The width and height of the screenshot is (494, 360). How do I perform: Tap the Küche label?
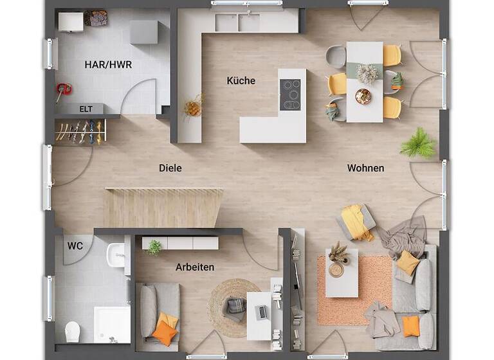241,81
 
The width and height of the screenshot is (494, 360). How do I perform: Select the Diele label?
170,168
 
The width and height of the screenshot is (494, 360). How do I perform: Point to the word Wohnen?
365,168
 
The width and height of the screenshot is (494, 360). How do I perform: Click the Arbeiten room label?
195,267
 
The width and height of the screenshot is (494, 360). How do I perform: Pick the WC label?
75,246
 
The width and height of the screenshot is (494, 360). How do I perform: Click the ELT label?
86,109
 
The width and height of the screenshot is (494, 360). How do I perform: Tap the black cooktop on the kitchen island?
291,95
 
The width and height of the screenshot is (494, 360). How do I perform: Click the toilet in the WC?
72,331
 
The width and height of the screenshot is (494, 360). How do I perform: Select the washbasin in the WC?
118,255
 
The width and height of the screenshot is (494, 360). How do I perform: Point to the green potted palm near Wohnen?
418,143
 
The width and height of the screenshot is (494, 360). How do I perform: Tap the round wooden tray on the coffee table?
336,270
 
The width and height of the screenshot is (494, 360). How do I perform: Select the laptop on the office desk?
262,312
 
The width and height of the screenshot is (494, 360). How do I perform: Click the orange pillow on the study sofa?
165,332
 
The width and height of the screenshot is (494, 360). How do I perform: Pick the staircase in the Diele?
163,207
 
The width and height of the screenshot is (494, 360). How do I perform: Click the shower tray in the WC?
112,323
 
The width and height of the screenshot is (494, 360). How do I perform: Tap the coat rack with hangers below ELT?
80,132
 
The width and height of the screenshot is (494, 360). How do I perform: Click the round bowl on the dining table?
363,96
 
